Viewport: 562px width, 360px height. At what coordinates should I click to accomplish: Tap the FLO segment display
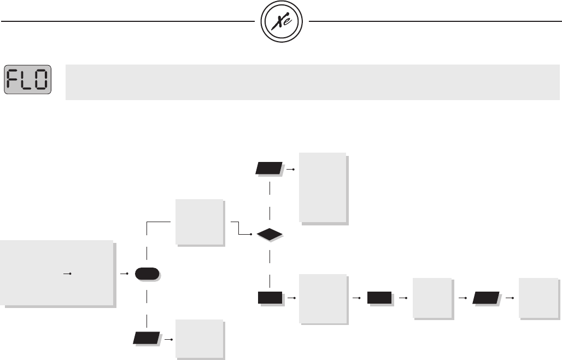click(x=28, y=81)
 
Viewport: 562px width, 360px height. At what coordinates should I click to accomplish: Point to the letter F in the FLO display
click(x=16, y=81)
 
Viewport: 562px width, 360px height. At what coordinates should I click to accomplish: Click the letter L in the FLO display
click(x=28, y=81)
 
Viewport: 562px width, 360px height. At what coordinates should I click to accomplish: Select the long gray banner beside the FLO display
click(x=312, y=82)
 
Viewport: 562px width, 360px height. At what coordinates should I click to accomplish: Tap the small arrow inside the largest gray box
click(x=68, y=272)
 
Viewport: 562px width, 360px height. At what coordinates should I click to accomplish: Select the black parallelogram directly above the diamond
click(x=269, y=168)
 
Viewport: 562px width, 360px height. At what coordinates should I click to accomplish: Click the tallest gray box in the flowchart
click(x=323, y=187)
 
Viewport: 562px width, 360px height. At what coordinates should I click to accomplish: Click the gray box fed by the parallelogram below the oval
click(x=199, y=338)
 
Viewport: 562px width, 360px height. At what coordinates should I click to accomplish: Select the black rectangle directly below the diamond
click(x=270, y=298)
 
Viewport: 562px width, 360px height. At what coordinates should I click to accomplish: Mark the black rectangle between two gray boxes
click(x=379, y=298)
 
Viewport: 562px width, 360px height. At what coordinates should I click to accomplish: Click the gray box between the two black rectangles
click(x=323, y=298)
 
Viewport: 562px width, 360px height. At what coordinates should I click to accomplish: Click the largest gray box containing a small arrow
click(x=57, y=272)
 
